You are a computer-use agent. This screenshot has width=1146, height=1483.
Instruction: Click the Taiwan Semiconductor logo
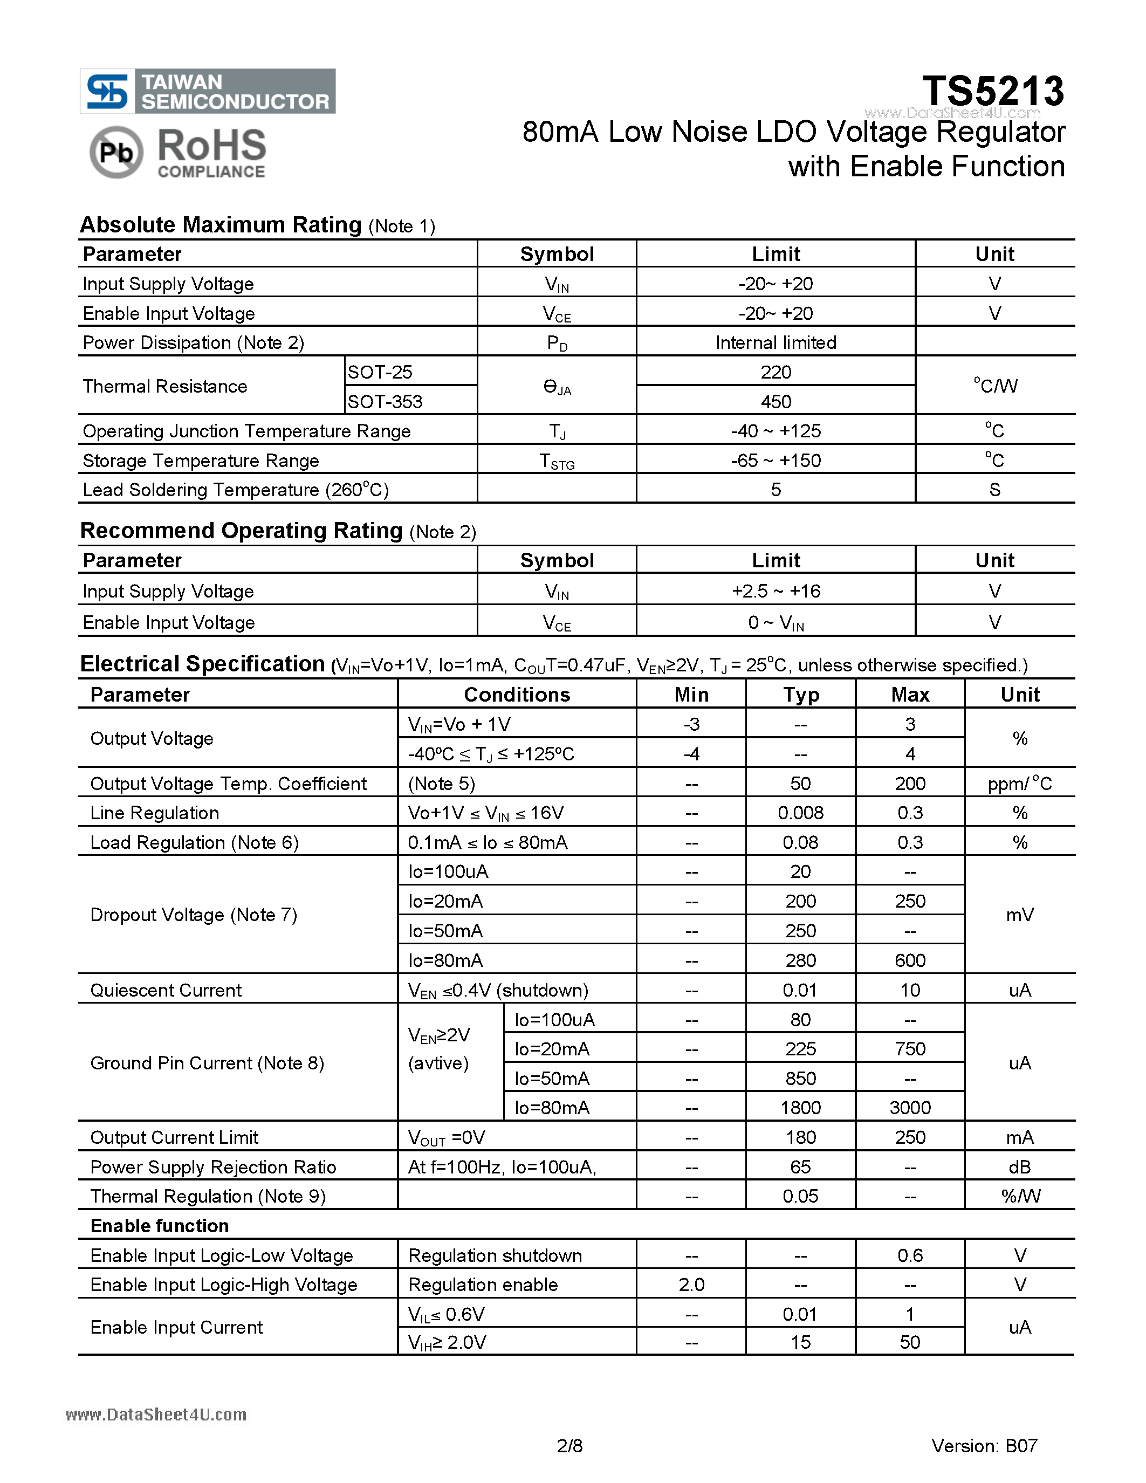click(207, 91)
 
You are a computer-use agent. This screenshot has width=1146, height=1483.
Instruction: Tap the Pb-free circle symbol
click(116, 152)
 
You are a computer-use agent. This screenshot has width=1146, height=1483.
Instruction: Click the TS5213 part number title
click(992, 91)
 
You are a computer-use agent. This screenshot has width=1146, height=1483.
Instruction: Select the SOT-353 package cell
click(385, 401)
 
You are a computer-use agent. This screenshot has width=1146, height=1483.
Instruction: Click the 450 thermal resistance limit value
click(776, 401)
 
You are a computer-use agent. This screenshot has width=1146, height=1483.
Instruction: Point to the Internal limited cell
click(776, 342)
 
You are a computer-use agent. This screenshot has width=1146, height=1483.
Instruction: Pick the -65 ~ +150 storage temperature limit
click(776, 461)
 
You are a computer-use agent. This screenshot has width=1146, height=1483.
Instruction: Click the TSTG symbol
click(557, 462)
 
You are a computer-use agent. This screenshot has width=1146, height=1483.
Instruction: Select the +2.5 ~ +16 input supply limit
click(776, 591)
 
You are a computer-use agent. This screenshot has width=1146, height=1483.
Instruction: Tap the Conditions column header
click(517, 694)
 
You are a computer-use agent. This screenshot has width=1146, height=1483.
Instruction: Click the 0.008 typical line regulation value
click(800, 813)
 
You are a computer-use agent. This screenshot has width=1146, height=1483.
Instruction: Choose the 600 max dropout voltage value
click(910, 960)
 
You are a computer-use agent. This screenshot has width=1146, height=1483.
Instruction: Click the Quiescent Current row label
click(166, 990)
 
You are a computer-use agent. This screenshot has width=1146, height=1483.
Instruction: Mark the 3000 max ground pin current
click(910, 1108)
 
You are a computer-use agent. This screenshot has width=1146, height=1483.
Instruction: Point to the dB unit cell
click(1019, 1166)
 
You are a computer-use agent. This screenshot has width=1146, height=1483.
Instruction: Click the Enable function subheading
click(160, 1226)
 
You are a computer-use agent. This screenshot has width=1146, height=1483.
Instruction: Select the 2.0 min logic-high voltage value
click(691, 1285)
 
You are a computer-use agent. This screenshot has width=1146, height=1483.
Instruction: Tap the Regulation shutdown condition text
click(495, 1255)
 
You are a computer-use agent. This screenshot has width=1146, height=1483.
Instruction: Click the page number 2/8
click(569, 1446)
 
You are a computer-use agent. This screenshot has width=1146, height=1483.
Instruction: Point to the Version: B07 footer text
click(984, 1446)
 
